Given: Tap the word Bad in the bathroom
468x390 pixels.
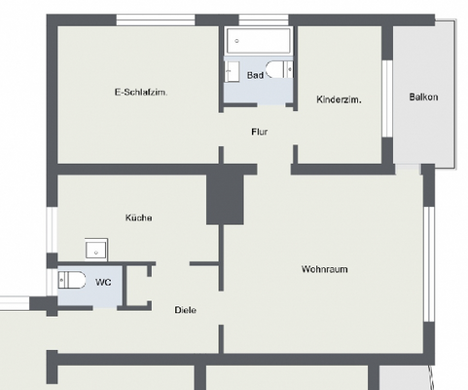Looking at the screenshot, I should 255,75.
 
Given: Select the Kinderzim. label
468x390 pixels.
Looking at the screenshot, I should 340,99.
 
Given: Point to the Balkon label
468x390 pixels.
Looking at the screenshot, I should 423,97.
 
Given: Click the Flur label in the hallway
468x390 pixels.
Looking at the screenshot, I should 259,132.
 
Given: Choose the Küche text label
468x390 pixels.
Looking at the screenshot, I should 138,217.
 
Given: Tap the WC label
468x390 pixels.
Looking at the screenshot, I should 102,283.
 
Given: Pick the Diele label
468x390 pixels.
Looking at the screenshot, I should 185,310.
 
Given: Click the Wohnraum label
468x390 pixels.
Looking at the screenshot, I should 325,269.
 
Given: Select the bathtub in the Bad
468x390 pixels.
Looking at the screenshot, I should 259,42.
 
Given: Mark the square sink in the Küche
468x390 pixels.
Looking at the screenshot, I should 96,248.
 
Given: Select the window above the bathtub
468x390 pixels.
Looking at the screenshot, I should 263,20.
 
